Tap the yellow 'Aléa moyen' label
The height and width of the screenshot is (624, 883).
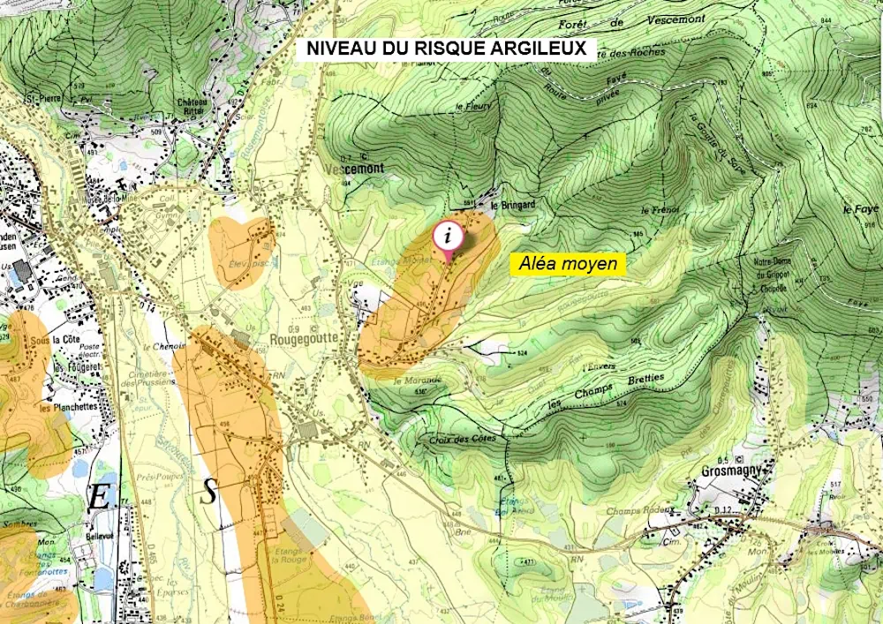[x=569, y=263]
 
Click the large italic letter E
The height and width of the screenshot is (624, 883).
[x=99, y=498]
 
